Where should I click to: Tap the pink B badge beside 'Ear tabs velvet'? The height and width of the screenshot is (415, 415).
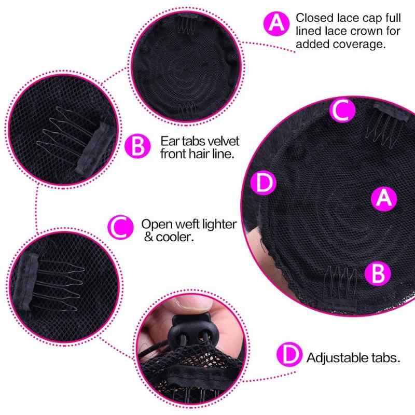[137, 146]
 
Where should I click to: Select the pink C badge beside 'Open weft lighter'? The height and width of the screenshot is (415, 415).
[120, 227]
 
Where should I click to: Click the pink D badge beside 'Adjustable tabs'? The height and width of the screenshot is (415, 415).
[289, 354]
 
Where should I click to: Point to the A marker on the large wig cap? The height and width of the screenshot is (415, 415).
[384, 199]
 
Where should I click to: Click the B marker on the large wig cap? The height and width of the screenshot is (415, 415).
[378, 274]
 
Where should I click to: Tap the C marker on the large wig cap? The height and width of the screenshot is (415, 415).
[342, 110]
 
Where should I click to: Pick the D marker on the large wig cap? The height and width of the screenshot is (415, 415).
[264, 183]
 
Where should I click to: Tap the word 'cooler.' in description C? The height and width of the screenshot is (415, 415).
[175, 237]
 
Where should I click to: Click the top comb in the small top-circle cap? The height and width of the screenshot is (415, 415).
[187, 22]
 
